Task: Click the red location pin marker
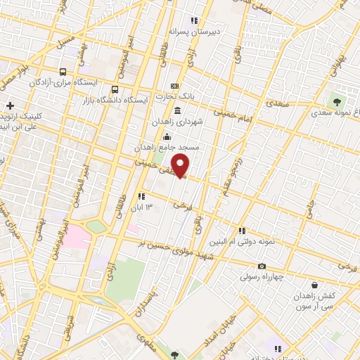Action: tap(181, 166)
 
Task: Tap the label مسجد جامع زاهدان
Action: tap(169, 148)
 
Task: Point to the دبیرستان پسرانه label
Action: tap(194, 32)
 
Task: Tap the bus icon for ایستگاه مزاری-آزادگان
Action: tap(63, 72)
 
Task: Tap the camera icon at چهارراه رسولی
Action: tap(262, 266)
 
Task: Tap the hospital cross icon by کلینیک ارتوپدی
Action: tap(10, 105)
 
